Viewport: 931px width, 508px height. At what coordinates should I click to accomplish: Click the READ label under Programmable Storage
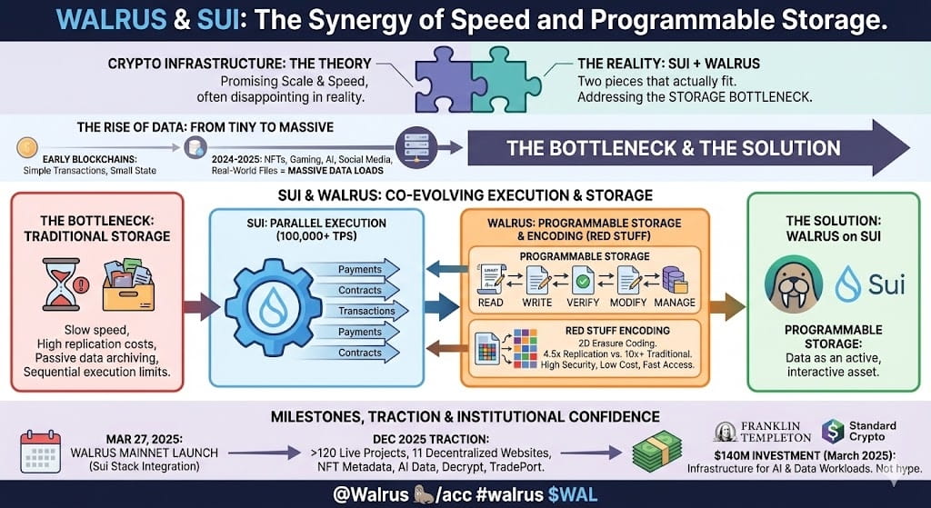pyautogui.click(x=491, y=302)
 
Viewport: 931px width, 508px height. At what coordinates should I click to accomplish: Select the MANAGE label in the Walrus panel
pyautogui.click(x=675, y=302)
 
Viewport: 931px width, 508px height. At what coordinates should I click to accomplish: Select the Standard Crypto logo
pyautogui.click(x=858, y=431)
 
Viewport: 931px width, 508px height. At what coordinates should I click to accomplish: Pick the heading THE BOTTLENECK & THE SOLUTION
pyautogui.click(x=674, y=147)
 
